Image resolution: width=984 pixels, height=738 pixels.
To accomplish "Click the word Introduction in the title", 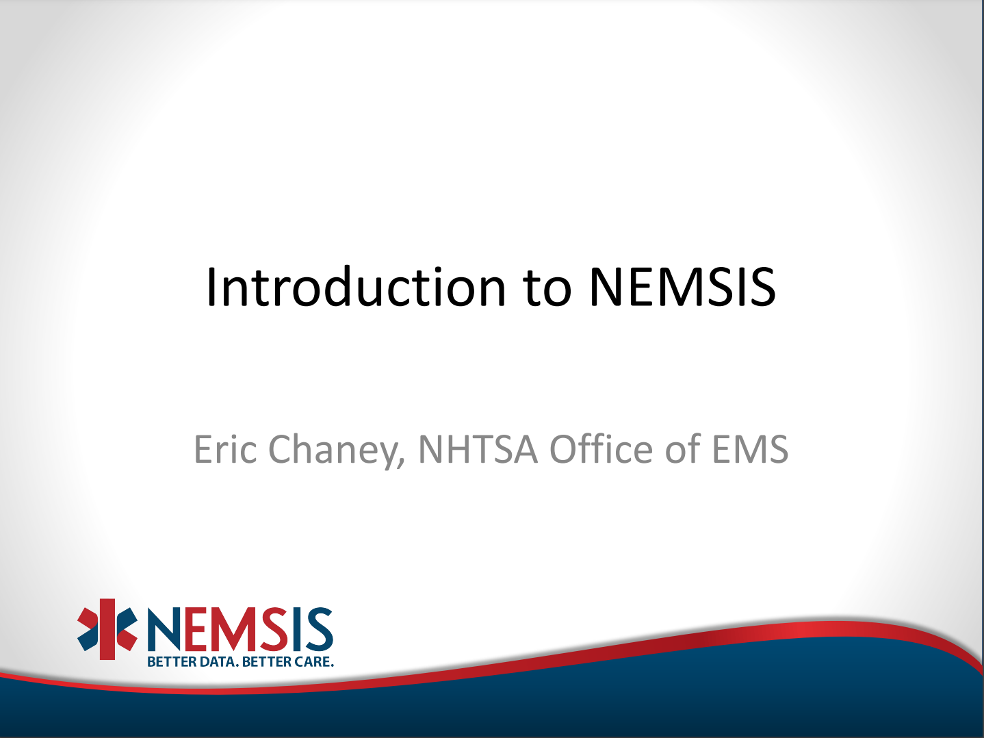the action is click(356, 287).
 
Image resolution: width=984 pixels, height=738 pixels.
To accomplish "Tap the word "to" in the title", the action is click(547, 289).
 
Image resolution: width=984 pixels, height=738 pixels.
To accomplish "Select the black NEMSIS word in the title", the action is click(682, 287).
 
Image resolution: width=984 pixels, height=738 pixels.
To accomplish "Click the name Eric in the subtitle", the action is click(225, 449).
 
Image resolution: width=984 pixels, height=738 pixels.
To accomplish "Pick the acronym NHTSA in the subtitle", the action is click(478, 449).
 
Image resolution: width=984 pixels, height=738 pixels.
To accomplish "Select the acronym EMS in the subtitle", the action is click(750, 449).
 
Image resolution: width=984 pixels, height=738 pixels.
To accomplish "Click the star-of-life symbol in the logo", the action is click(107, 629).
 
